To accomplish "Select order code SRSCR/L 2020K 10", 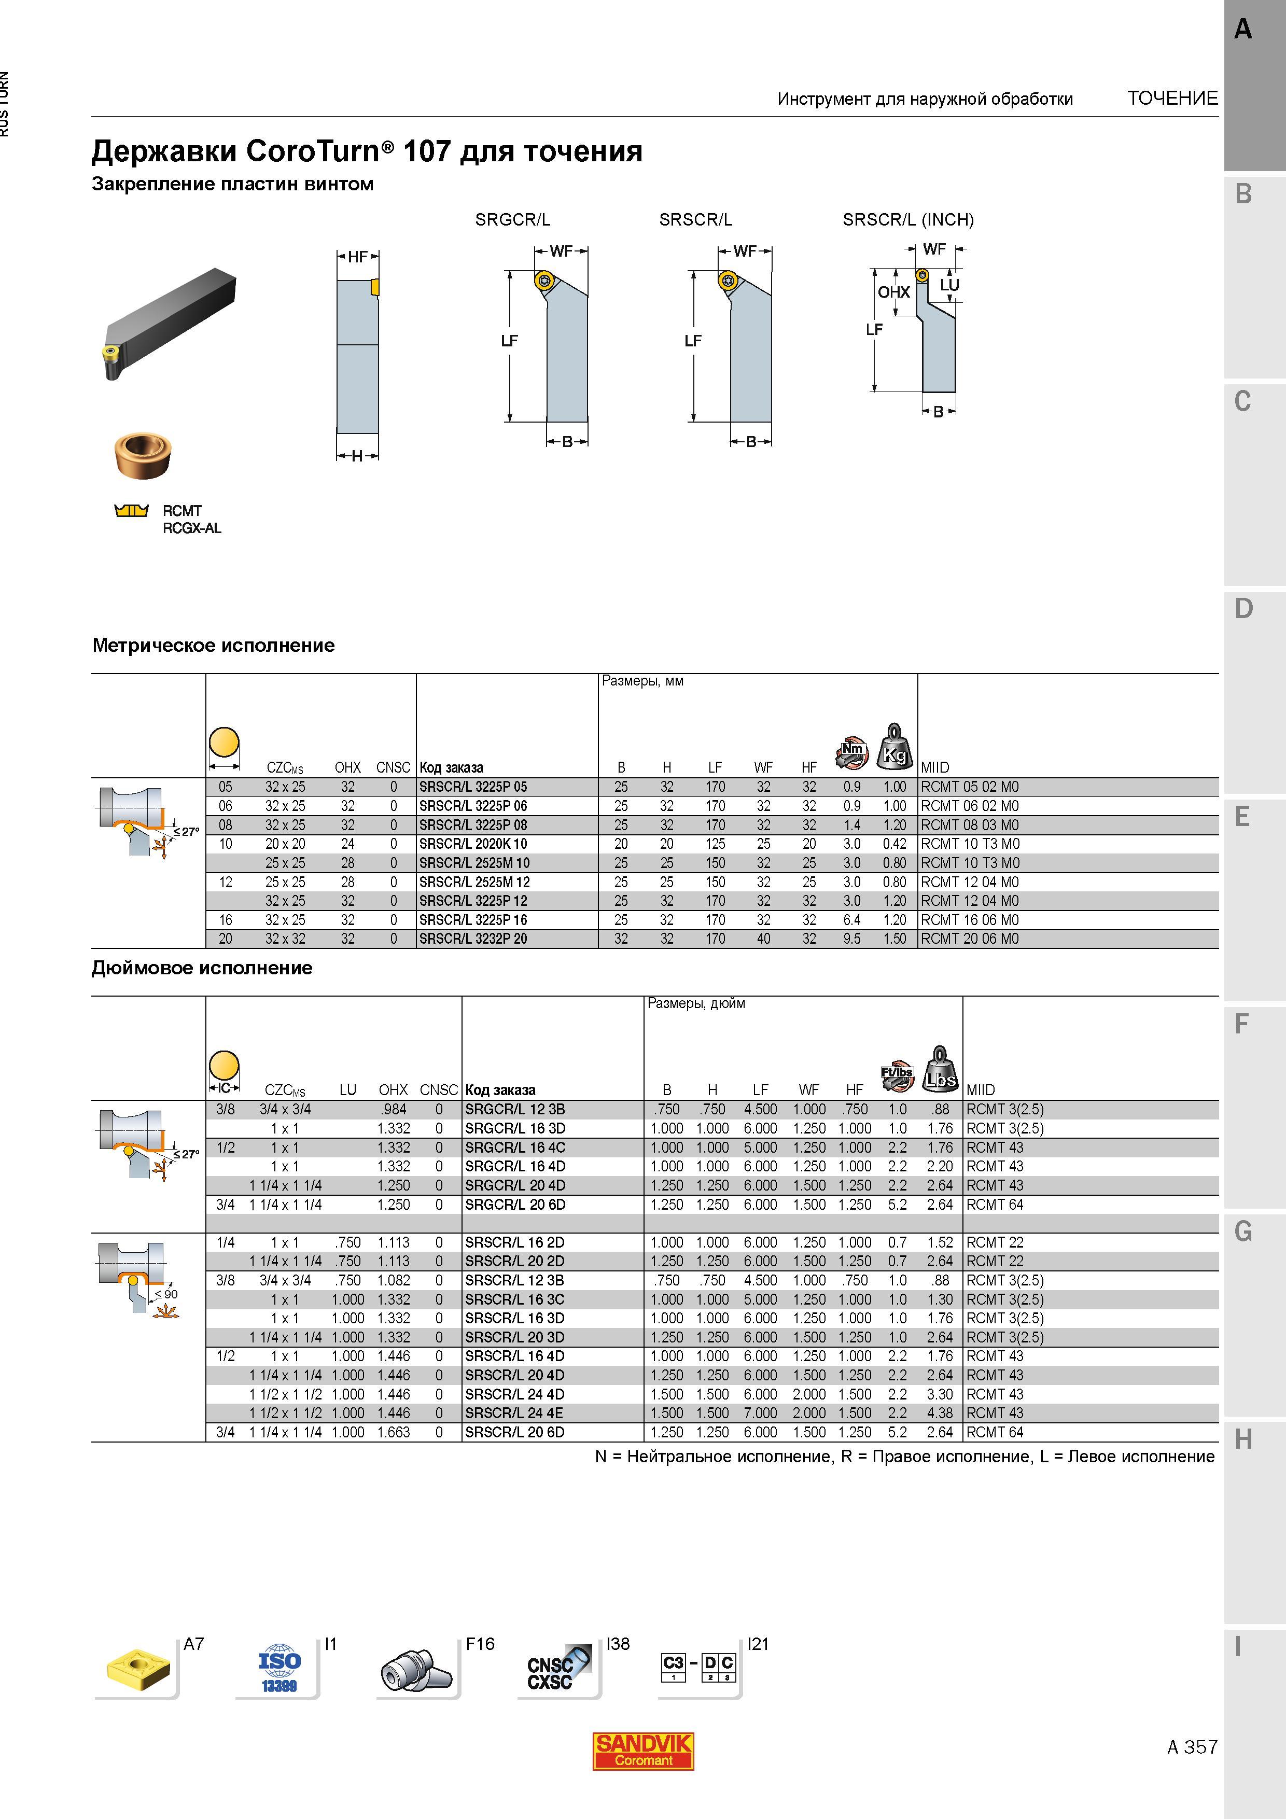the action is (473, 844).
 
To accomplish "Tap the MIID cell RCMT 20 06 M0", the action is (969, 939).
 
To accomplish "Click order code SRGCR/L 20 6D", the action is (515, 1204).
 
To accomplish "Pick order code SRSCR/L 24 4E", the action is (514, 1412).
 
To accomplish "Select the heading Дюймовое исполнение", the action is (202, 968).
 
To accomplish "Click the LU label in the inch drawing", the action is (949, 285).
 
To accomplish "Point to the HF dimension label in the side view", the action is (358, 257).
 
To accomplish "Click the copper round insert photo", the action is (143, 456).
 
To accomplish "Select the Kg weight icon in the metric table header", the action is (894, 746).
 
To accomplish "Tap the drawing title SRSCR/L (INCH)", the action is (908, 219).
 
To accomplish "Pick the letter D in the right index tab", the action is (1243, 609).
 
